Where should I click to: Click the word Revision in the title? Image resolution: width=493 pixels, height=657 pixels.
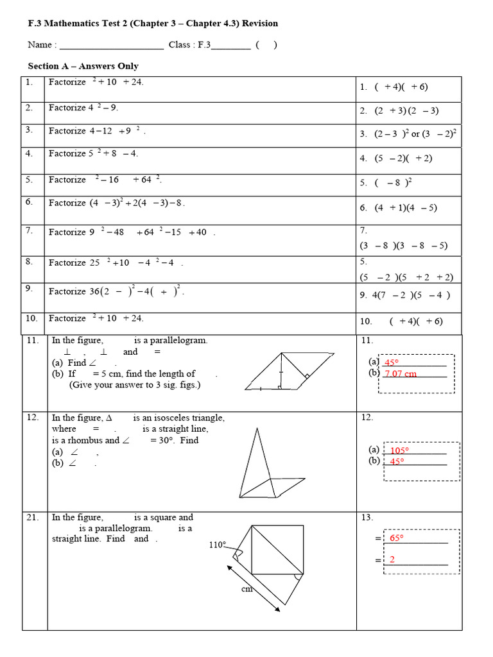260,24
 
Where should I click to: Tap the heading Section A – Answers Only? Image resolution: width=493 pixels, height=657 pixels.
83,66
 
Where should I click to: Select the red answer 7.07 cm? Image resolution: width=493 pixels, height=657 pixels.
401,374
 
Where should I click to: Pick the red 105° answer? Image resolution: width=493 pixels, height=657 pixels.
399,450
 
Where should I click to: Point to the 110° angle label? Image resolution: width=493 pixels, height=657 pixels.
218,545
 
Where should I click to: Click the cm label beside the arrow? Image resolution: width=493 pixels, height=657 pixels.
246,589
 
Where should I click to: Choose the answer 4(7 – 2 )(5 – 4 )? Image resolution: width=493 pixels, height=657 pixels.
404,295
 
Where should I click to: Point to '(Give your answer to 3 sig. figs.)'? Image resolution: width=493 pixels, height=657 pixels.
135,384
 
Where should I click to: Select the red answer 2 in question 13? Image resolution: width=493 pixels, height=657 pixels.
392,560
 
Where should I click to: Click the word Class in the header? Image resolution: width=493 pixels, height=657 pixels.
180,45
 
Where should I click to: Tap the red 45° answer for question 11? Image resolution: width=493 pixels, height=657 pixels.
392,363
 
